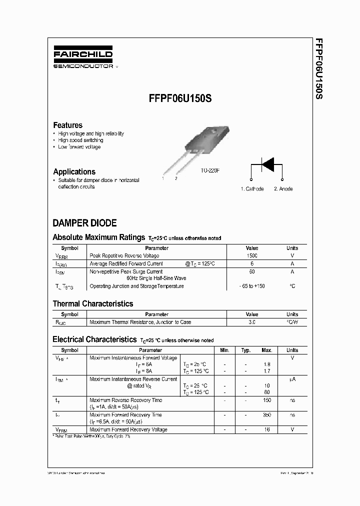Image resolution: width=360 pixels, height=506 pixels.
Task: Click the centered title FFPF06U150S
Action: (180, 99)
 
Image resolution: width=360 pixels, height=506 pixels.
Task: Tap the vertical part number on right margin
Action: (318, 67)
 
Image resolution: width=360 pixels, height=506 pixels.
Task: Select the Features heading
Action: (67, 125)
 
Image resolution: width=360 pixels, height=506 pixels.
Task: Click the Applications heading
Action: (74, 171)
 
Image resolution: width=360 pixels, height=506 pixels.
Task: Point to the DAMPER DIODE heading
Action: (84, 223)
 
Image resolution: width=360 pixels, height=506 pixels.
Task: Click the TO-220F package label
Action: (210, 171)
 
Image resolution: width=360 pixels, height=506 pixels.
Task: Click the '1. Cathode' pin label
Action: (252, 189)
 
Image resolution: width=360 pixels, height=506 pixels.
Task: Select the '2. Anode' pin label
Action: (283, 189)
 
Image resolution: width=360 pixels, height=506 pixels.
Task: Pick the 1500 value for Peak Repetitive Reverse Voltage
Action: (252, 255)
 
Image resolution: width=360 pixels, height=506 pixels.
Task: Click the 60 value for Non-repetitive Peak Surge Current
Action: (252, 271)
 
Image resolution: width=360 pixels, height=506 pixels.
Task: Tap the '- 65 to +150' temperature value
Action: (252, 286)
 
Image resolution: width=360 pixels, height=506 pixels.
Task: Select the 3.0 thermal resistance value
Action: (252, 322)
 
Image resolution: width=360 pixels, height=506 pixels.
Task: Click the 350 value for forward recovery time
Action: (267, 415)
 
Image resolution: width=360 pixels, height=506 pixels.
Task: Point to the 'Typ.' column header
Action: (245, 350)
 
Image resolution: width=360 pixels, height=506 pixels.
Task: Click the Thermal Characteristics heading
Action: (93, 303)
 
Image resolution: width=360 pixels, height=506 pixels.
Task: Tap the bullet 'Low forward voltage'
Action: (79, 147)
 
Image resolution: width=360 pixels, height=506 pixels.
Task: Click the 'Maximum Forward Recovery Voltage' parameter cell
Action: (128, 429)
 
